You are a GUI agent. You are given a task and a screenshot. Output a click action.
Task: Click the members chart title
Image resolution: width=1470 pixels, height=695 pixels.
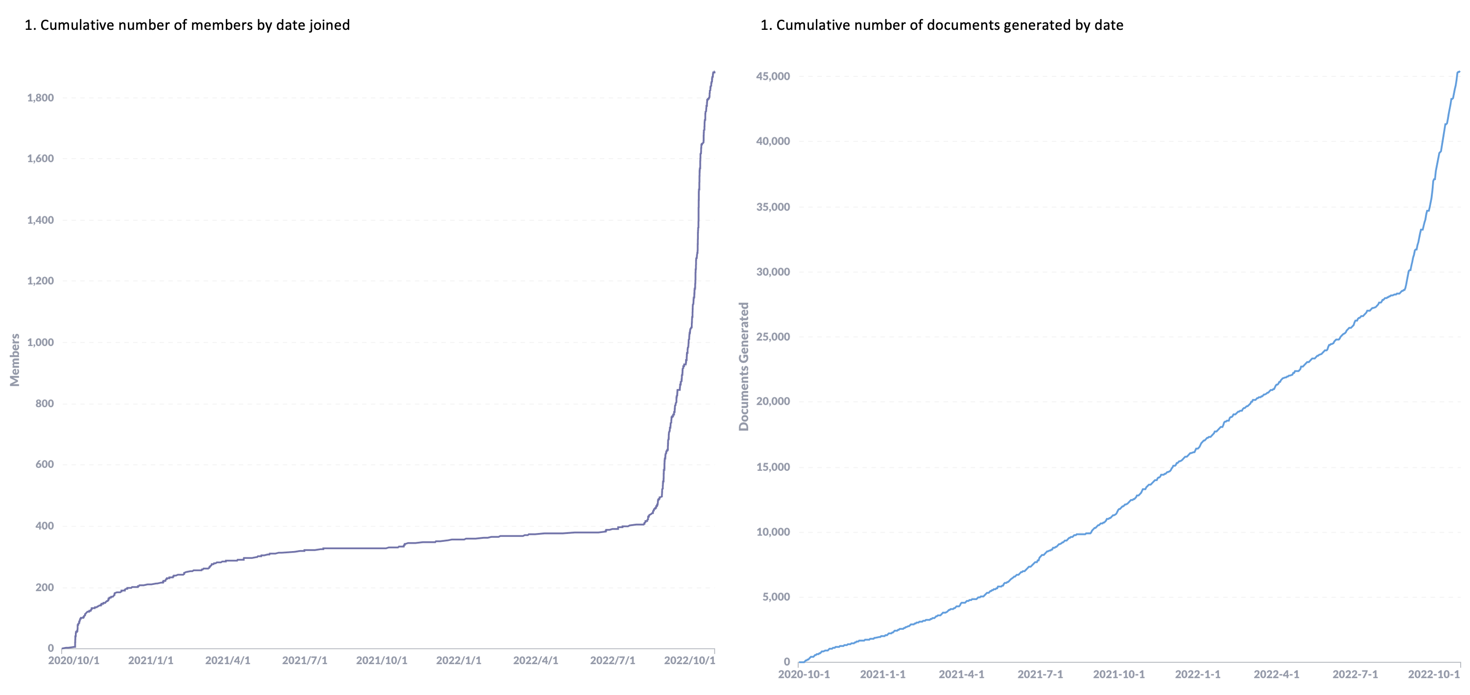click(x=187, y=25)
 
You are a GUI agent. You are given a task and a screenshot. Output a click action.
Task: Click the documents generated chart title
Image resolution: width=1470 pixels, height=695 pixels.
click(x=942, y=25)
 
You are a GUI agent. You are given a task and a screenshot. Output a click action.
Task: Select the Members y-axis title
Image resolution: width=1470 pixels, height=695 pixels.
click(x=15, y=360)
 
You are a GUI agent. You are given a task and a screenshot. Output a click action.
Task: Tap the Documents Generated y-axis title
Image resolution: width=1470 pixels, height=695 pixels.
click(x=743, y=366)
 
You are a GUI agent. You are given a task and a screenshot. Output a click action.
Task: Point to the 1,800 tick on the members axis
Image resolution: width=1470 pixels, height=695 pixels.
click(x=40, y=97)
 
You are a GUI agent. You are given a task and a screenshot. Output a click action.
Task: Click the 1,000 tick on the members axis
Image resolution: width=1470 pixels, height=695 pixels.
click(x=40, y=343)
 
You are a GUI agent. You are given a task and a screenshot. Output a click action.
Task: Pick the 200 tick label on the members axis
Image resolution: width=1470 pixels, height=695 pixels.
click(x=44, y=587)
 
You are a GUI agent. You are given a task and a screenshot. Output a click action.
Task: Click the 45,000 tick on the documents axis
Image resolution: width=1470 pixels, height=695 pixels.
click(x=773, y=76)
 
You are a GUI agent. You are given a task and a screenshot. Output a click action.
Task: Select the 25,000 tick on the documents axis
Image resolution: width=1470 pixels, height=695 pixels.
click(x=773, y=337)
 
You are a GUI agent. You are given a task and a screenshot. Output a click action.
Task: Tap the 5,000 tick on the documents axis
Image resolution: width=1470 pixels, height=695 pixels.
click(x=776, y=597)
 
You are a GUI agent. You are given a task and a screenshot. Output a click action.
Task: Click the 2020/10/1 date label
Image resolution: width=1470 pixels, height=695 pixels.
click(x=73, y=661)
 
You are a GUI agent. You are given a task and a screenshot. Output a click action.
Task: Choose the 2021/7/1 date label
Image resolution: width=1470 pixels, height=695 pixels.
click(x=305, y=661)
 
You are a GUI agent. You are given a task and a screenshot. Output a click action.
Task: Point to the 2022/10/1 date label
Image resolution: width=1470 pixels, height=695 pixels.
click(x=689, y=661)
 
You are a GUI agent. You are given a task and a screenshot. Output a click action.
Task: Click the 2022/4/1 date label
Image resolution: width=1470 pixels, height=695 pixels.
click(x=535, y=661)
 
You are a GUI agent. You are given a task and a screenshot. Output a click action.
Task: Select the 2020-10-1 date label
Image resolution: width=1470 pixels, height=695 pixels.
click(x=804, y=674)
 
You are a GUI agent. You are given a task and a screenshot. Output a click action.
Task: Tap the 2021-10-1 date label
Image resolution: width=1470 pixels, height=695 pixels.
click(x=1118, y=674)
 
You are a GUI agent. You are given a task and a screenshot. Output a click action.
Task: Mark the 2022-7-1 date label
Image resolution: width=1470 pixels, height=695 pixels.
click(x=1355, y=674)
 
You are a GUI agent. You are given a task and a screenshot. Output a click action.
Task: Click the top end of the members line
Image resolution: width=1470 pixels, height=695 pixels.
click(x=714, y=72)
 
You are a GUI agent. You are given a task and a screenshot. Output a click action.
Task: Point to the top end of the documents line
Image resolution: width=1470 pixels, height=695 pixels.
click(x=1459, y=71)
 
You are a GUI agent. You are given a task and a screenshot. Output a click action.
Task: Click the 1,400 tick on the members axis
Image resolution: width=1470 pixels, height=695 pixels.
click(x=40, y=220)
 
